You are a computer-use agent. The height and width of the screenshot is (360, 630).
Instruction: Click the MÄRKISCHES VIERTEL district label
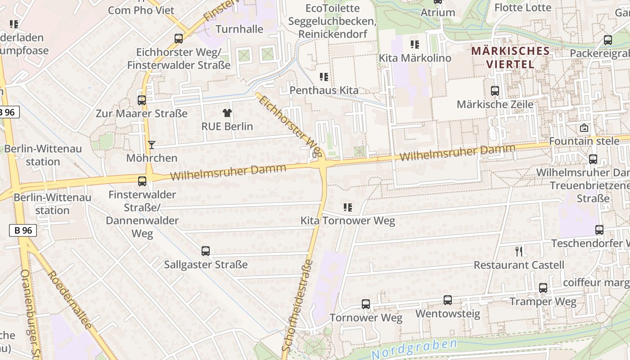coord(510,57)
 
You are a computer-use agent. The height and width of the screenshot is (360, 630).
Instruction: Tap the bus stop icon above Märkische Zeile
coord(495,91)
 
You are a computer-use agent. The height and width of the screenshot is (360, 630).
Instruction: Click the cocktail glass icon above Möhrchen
coord(152,145)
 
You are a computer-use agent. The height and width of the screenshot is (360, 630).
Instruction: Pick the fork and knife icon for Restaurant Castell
coord(519,251)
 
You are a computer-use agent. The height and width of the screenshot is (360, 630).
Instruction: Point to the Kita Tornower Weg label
coord(347,220)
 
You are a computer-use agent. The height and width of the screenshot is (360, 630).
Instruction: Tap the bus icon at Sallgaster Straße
coord(206,251)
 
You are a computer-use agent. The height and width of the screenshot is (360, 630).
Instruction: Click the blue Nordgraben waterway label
coord(414,349)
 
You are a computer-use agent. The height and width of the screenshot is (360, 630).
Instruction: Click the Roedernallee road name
coord(69,299)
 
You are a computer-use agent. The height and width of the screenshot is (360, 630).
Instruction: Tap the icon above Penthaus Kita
coord(324,77)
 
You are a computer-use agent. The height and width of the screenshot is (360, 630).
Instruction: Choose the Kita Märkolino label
coord(414,58)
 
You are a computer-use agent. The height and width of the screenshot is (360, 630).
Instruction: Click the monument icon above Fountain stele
coord(584,128)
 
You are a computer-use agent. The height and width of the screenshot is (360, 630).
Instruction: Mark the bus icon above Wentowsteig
coord(447,300)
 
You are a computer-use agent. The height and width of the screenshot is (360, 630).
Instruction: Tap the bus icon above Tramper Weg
coord(543,288)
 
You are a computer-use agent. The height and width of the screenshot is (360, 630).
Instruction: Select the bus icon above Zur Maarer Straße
coord(142,100)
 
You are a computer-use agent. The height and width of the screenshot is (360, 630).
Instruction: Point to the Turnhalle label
coord(239,29)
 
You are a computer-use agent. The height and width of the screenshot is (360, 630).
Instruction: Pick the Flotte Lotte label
coord(522,8)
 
